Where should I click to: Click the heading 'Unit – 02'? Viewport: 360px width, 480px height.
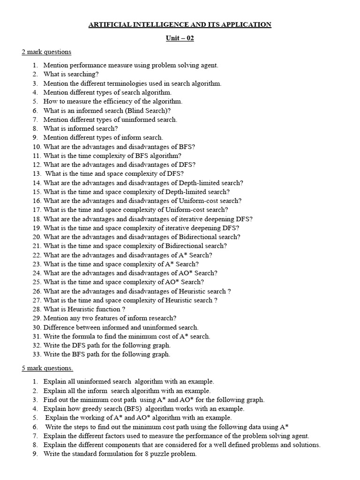[x=180, y=38]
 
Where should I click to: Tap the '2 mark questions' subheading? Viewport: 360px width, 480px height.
[x=46, y=52]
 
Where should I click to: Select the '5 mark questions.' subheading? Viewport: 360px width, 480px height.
[x=47, y=368]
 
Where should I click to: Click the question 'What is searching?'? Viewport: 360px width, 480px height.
[x=71, y=74]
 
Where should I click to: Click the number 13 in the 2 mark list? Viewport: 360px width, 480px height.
[x=37, y=173]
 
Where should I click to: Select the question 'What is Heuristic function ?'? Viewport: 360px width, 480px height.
[x=84, y=309]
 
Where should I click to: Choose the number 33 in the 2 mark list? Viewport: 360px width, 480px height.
[x=37, y=354]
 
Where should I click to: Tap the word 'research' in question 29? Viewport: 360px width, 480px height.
[x=161, y=318]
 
